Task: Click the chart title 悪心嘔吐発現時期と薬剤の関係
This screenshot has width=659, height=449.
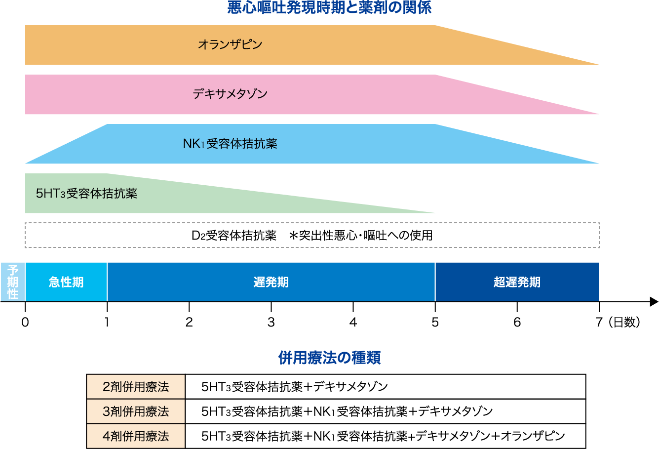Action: (329, 8)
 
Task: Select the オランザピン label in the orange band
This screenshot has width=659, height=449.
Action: (230, 44)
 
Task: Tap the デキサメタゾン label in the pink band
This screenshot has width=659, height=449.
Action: (230, 94)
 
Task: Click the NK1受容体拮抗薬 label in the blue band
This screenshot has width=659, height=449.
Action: (230, 144)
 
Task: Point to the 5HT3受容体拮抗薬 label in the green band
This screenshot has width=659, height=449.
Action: (86, 194)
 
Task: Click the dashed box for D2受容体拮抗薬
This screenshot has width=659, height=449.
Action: (312, 235)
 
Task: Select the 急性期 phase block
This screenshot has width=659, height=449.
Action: (66, 282)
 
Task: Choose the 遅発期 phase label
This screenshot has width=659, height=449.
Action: (271, 282)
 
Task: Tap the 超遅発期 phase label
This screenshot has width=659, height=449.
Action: (517, 282)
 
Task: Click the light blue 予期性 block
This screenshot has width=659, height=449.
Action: (13, 282)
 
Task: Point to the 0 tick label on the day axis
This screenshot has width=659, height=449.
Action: (25, 322)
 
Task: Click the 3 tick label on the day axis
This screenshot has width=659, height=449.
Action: (271, 322)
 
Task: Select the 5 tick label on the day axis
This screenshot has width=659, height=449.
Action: (435, 322)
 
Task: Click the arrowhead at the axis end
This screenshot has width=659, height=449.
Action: (654, 301)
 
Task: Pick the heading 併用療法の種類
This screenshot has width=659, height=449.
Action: (329, 358)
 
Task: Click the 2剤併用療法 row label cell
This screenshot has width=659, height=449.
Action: (136, 387)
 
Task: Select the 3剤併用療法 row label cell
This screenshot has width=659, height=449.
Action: (136, 411)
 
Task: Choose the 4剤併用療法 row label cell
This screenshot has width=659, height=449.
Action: (136, 436)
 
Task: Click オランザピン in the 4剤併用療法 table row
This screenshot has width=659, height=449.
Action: (533, 436)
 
